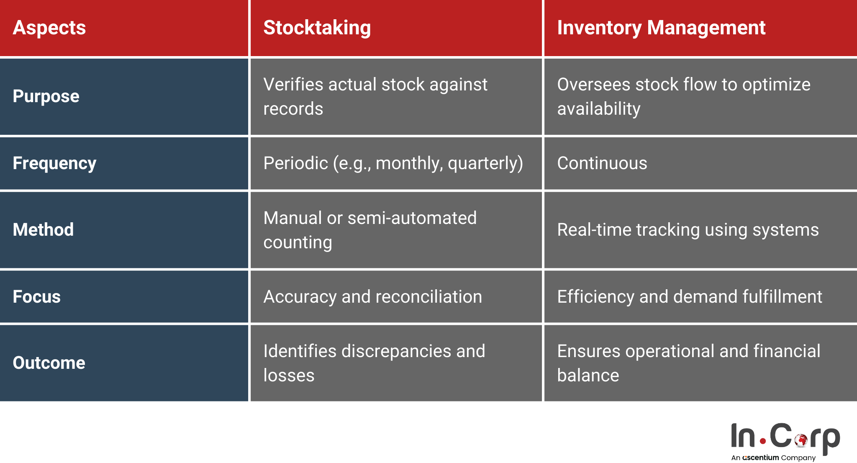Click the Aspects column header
pyautogui.click(x=49, y=28)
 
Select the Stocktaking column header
pyautogui.click(x=317, y=28)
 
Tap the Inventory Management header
pyautogui.click(x=661, y=28)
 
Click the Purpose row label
pyautogui.click(x=46, y=96)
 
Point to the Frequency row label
pyautogui.click(x=54, y=163)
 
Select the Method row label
pyautogui.click(x=43, y=230)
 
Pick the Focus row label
pyautogui.click(x=37, y=297)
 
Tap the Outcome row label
pyautogui.click(x=49, y=363)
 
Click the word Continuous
pyautogui.click(x=602, y=163)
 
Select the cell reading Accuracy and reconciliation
pyautogui.click(x=372, y=297)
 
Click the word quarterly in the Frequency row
pyautogui.click(x=485, y=163)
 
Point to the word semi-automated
pyautogui.click(x=412, y=218)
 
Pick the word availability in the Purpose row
pyautogui.click(x=599, y=109)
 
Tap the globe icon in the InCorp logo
pyautogui.click(x=801, y=440)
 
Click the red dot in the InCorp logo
pyautogui.click(x=762, y=441)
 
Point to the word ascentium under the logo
pyautogui.click(x=760, y=458)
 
